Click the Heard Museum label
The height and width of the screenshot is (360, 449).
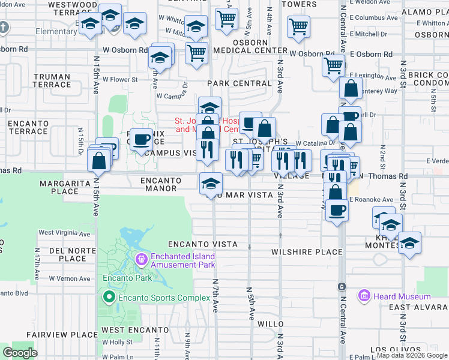[402, 296]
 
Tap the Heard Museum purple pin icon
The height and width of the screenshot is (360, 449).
[364, 296]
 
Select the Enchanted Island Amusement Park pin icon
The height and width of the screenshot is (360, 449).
[142, 260]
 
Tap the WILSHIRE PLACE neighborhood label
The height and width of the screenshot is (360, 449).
[307, 252]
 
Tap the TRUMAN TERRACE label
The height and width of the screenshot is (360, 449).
[52, 80]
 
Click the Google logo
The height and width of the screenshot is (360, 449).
[20, 353]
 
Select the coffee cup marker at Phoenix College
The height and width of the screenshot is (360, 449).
[141, 140]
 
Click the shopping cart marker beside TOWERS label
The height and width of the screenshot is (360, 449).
[298, 26]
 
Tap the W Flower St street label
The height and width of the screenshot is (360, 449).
[120, 79]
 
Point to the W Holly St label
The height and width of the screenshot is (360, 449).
[117, 343]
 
